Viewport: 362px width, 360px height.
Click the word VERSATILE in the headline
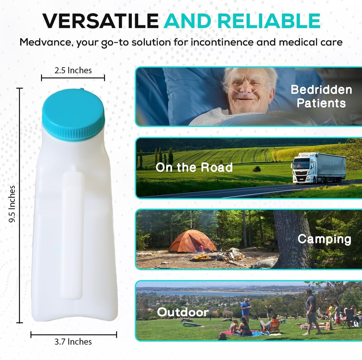100,22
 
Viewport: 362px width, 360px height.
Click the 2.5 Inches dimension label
73,70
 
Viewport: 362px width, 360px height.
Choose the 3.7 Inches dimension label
73,342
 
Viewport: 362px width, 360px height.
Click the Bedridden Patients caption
321,96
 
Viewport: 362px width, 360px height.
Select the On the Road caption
194,167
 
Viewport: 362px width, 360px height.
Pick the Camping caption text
324,239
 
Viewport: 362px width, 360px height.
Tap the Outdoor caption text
183,312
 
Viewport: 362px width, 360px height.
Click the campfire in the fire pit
203,256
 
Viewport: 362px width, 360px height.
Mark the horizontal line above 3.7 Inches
74,334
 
